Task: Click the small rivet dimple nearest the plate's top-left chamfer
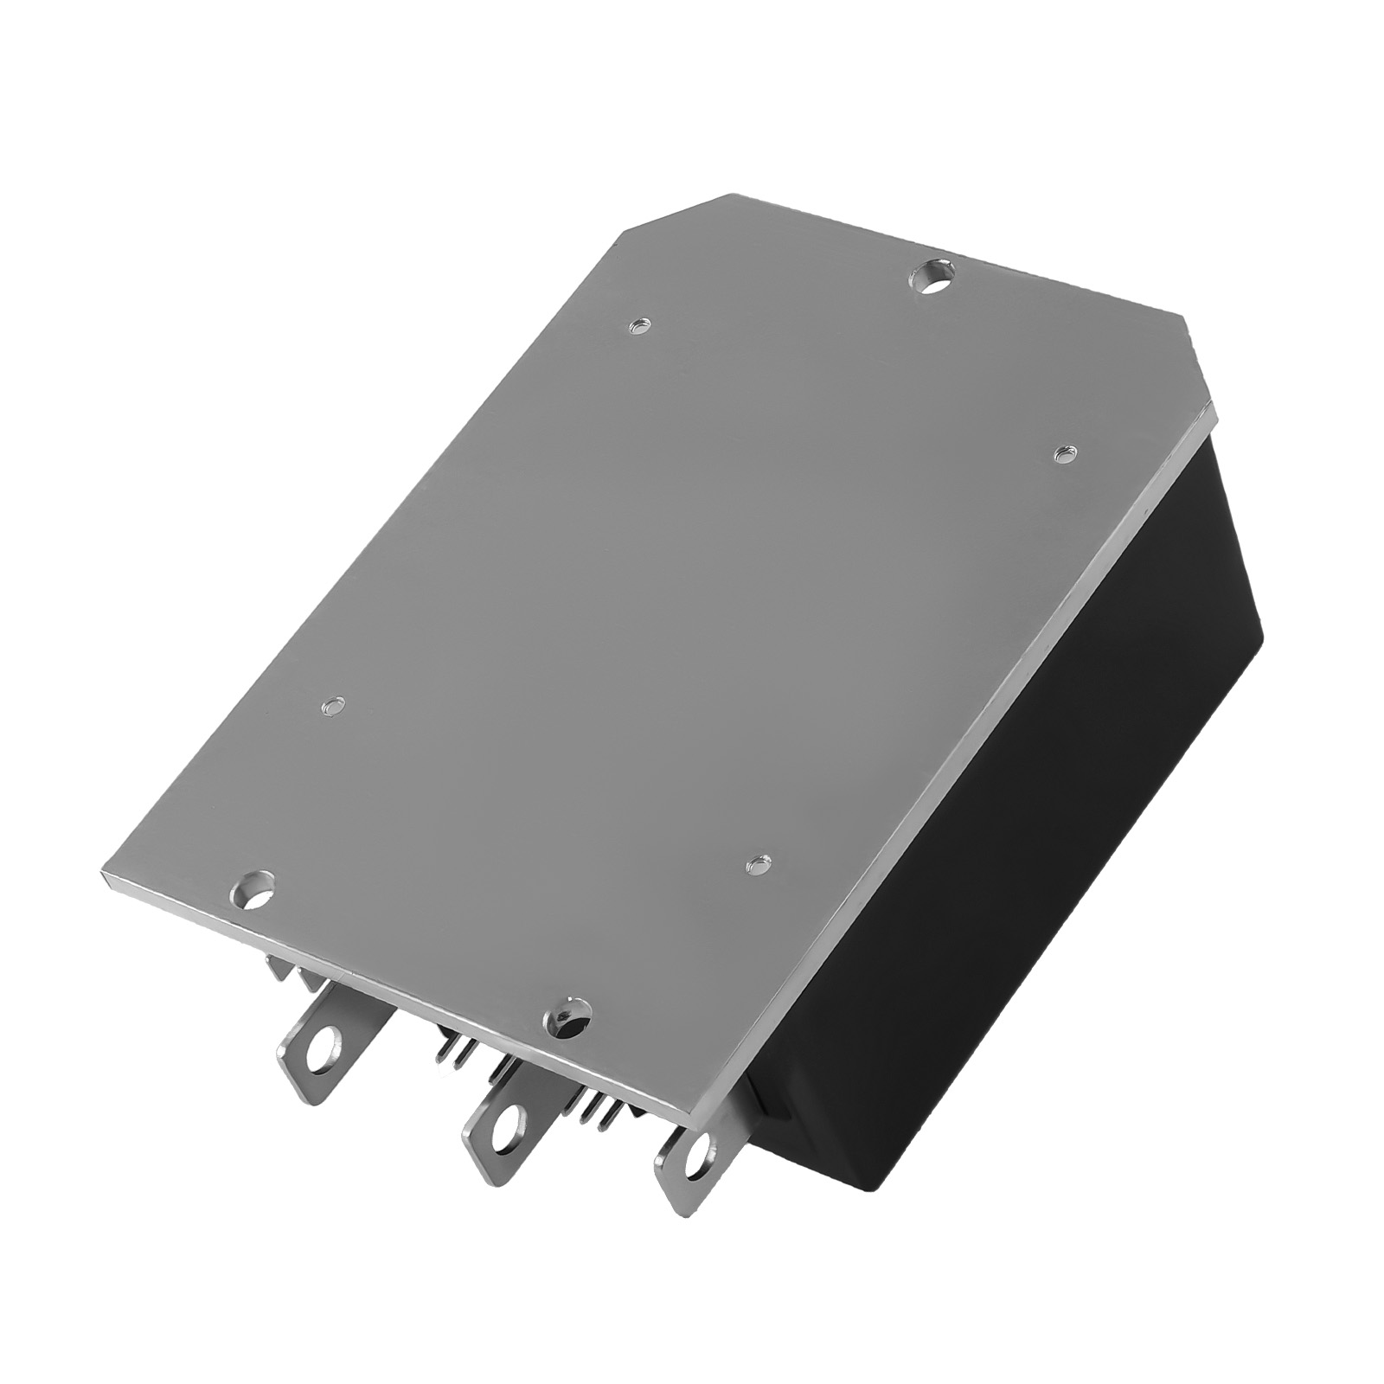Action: tap(640, 327)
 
